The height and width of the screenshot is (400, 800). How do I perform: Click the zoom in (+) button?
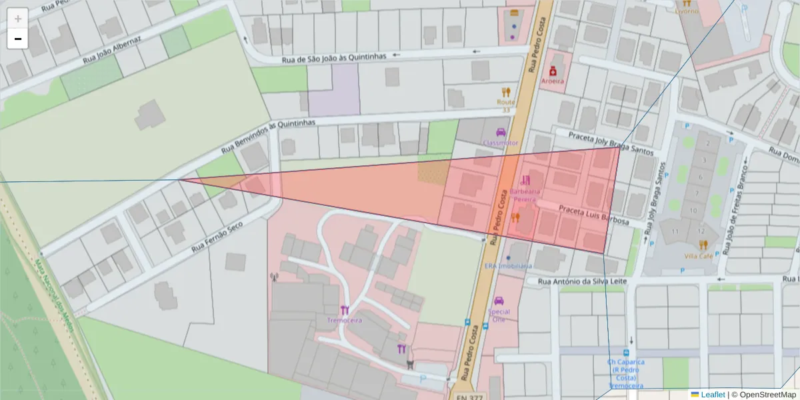tap(18, 19)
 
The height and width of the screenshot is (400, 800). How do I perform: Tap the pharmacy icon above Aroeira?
tap(553, 71)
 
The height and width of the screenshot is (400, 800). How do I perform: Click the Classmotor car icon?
tap(501, 132)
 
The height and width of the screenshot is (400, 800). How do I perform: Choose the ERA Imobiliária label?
tap(508, 265)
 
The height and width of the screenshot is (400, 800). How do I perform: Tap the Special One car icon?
tap(499, 301)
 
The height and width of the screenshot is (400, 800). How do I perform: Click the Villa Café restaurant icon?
tap(703, 245)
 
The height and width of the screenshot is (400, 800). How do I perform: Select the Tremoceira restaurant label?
tap(344, 320)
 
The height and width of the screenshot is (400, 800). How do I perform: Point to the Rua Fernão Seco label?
tap(217, 237)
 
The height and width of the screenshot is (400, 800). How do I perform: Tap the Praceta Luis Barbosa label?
tap(594, 215)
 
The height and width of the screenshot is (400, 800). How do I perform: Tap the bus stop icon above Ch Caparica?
tap(626, 353)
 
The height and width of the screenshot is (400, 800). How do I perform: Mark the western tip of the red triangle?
tap(179, 179)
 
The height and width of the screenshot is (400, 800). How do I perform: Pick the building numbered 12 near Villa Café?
tap(701, 231)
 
